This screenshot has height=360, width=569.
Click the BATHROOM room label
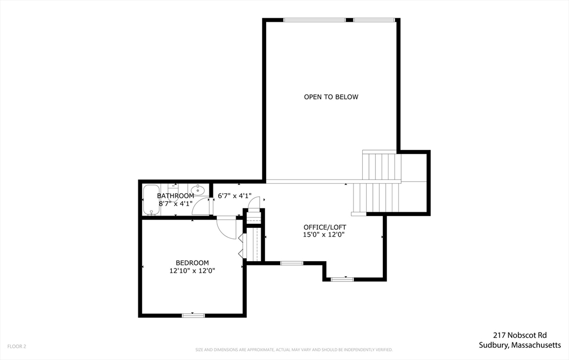[x=175, y=196]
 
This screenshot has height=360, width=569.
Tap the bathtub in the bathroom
[x=151, y=200]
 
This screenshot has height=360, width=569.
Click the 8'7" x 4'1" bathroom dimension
[x=175, y=203]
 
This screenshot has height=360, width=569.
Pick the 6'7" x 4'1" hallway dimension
[x=234, y=196]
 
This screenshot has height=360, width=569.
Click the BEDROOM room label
[x=192, y=263]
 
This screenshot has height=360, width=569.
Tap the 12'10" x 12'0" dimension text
[x=192, y=271]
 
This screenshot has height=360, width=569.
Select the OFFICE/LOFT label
[x=325, y=227]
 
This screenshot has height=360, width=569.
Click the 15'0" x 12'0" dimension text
[x=325, y=234]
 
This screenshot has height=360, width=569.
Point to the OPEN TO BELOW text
[x=331, y=97]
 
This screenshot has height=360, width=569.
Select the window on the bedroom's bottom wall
[x=193, y=316]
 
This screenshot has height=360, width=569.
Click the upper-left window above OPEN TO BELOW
[x=315, y=20]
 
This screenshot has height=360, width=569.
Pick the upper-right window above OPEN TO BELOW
[x=374, y=20]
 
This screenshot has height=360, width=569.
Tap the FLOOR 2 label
[x=17, y=346]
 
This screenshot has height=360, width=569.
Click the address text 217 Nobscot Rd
[x=520, y=335]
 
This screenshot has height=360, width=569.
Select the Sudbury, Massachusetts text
[x=520, y=345]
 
